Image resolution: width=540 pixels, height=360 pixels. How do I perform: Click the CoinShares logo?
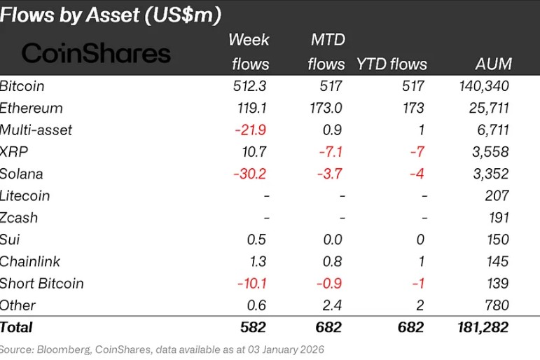(x=97, y=53)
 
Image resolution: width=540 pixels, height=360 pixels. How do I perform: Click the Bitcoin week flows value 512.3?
(x=250, y=86)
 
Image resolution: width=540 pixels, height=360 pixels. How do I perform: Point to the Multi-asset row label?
(x=36, y=130)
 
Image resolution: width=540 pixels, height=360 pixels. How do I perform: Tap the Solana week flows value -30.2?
(x=250, y=174)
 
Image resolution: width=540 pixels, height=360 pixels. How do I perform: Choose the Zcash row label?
(x=19, y=217)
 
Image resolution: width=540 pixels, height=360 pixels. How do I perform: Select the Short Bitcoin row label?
(x=42, y=283)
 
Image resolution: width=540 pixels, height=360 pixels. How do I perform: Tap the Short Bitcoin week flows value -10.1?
(x=251, y=283)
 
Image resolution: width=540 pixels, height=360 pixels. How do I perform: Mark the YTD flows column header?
(x=392, y=64)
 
